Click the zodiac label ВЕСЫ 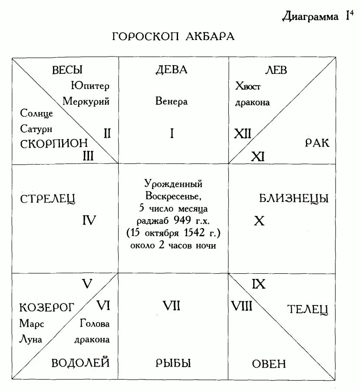[67, 70]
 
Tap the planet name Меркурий [86, 102]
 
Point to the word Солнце [36, 113]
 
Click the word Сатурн [36, 129]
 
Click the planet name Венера [172, 102]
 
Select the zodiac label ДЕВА [172, 70]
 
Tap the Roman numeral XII [243, 134]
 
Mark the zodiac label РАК [317, 143]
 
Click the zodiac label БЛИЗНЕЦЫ [294, 199]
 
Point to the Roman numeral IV [89, 221]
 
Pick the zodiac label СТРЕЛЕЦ [48, 199]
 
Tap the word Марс [32, 324]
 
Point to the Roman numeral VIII [242, 306]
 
